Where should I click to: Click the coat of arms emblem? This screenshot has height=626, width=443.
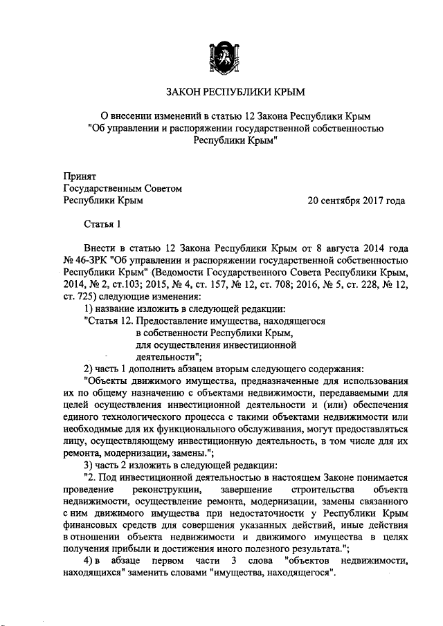pyautogui.click(x=222, y=56)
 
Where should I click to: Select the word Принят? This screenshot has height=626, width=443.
pyautogui.click(x=80, y=176)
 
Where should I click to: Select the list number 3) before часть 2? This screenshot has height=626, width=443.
pyautogui.click(x=88, y=463)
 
